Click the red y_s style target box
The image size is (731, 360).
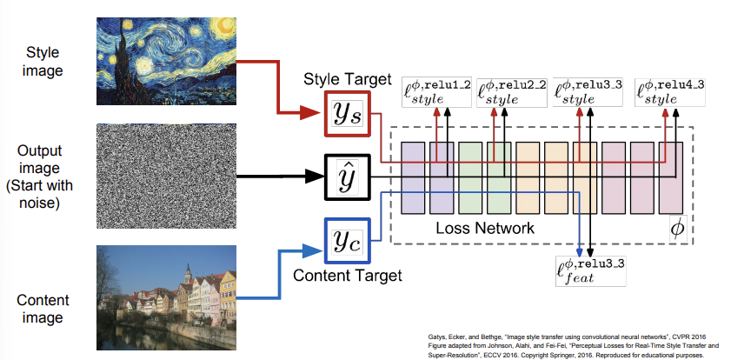pos(346,113)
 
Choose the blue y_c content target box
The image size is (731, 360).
pos(346,239)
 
